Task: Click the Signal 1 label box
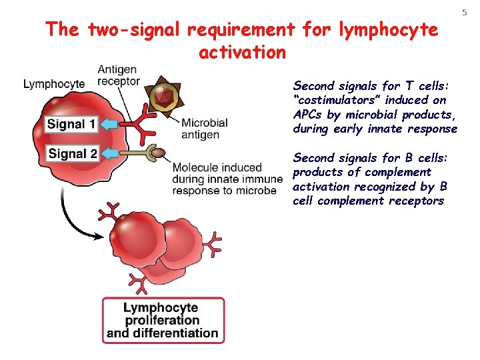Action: tap(71, 124)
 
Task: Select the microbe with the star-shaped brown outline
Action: tap(163, 99)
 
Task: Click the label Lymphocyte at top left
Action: tap(54, 84)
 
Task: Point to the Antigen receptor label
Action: tap(119, 75)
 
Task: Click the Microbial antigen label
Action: tap(205, 129)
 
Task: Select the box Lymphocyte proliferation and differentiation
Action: tap(163, 320)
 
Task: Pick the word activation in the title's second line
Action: tap(242, 52)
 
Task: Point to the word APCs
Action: tap(308, 114)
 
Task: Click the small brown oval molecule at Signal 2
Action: tap(157, 155)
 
